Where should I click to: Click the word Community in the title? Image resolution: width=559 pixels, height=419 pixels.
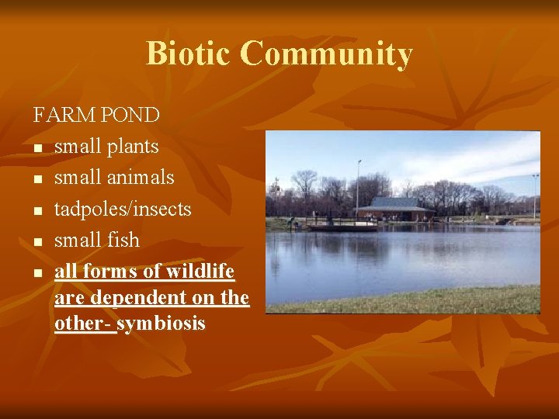click(326, 54)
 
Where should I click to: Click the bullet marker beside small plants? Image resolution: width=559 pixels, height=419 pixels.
click(37, 147)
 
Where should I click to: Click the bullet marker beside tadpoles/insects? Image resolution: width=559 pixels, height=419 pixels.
click(37, 210)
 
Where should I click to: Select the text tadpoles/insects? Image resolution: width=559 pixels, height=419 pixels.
click(123, 209)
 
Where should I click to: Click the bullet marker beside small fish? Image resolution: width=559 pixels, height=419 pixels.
click(37, 242)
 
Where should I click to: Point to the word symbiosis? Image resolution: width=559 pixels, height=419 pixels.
click(161, 323)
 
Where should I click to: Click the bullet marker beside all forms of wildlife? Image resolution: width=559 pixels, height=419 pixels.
click(37, 273)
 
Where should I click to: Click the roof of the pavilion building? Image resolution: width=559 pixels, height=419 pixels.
click(394, 203)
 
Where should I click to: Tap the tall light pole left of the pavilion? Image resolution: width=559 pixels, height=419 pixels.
click(358, 186)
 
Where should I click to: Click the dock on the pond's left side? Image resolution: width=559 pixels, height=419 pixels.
click(342, 226)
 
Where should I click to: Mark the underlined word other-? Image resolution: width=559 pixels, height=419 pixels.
click(84, 323)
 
